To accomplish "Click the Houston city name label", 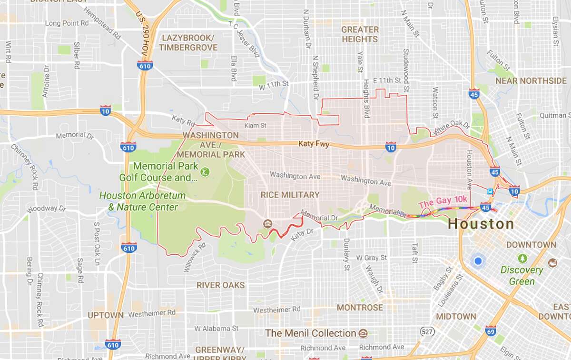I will point(481,224).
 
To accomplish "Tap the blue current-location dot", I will point(478,261).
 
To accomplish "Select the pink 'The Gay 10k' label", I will point(443,203).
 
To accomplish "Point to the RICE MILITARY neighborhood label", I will point(290,195).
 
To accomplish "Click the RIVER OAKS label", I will point(221,285).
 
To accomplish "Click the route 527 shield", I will point(426,330).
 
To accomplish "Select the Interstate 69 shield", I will point(491,330).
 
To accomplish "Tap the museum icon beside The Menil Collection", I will point(363,333).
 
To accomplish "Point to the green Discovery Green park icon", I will point(522,259).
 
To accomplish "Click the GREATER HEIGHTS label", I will point(360,34).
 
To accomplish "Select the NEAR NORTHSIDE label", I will point(531,80).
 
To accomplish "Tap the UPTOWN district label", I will point(106,315).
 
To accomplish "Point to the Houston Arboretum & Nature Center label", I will point(138,201).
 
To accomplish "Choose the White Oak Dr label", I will point(451,126).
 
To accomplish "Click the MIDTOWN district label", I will point(456,316).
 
